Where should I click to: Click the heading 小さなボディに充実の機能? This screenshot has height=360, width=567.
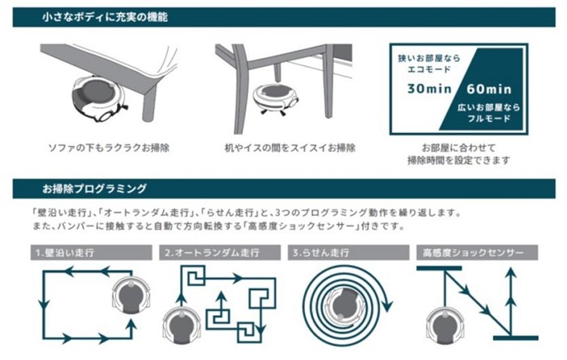point(105,18)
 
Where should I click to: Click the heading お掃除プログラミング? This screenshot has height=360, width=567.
point(95,189)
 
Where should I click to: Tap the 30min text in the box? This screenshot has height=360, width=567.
point(430,88)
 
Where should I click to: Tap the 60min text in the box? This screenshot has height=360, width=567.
point(489,88)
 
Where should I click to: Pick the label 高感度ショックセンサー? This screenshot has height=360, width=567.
point(473,253)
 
